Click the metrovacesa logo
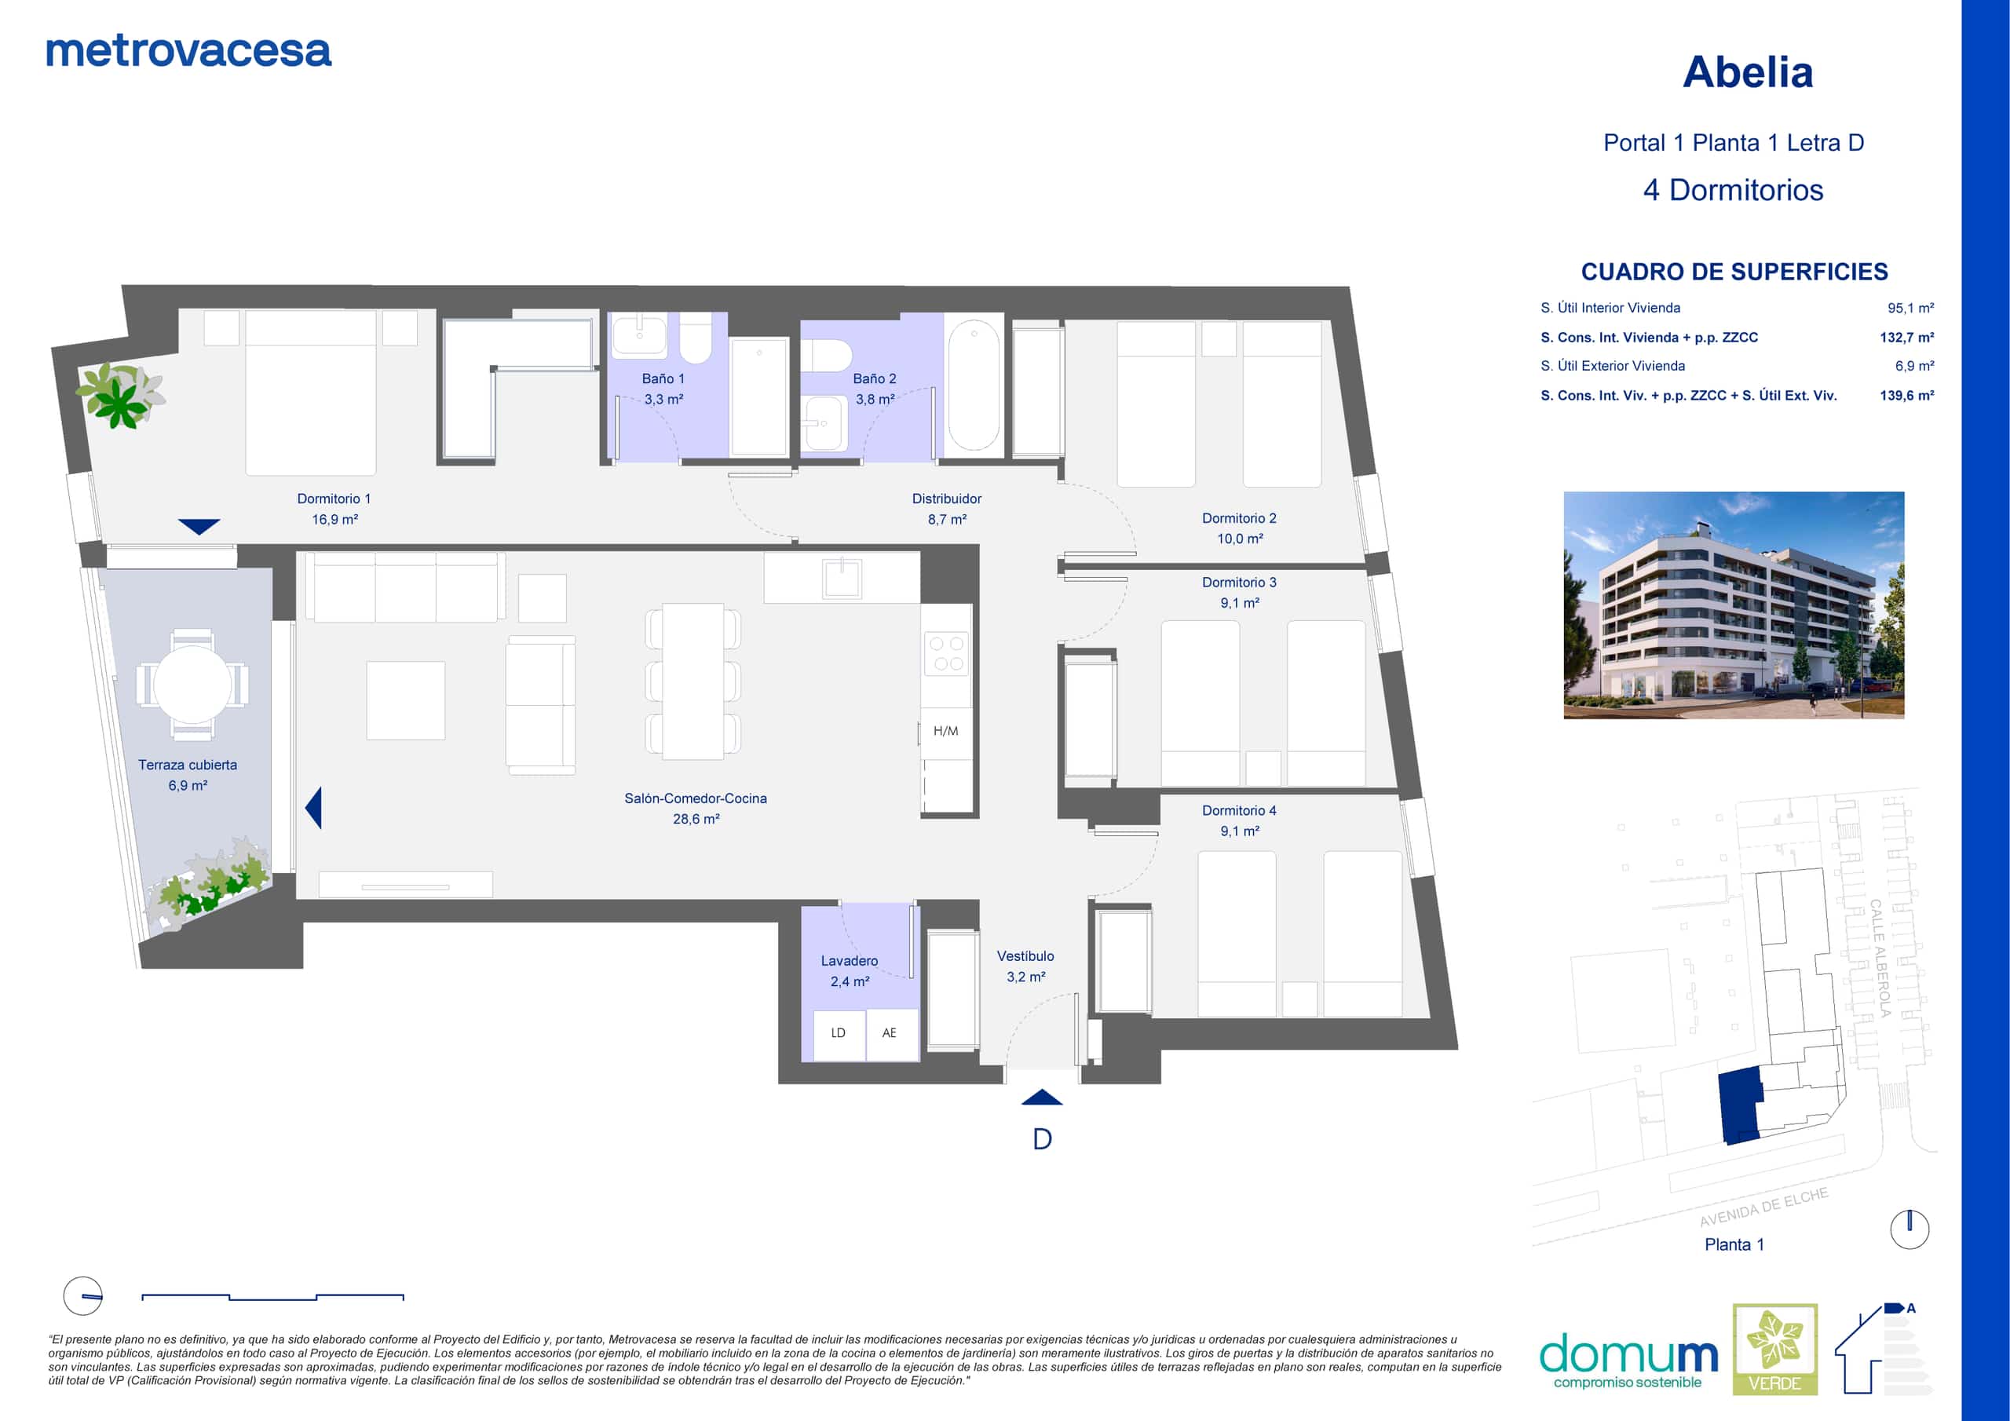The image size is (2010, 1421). click(188, 52)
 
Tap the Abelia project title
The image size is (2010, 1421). click(1748, 71)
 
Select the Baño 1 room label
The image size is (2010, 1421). click(663, 378)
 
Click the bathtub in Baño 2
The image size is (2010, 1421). click(974, 385)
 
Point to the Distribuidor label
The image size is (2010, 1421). click(946, 499)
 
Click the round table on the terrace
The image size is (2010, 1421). click(192, 685)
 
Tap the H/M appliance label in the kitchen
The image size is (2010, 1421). click(945, 731)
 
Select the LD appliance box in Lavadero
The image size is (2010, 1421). click(839, 1034)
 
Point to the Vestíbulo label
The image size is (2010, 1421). click(1025, 956)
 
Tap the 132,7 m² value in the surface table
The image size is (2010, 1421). click(1906, 337)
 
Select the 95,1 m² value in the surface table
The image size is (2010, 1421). click(1910, 309)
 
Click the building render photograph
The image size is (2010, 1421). click(1734, 605)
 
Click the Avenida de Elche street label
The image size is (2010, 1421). click(1764, 1207)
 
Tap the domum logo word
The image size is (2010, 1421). click(1628, 1353)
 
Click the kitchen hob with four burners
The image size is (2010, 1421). click(946, 653)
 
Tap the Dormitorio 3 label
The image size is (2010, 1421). click(1239, 583)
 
